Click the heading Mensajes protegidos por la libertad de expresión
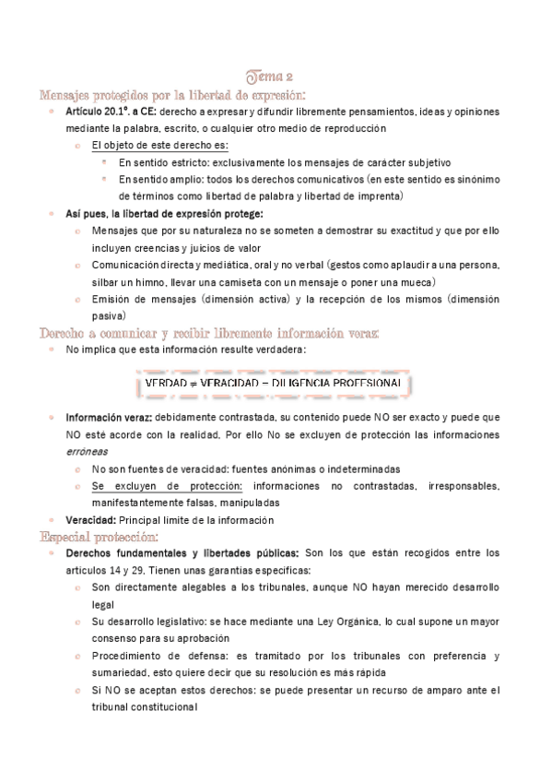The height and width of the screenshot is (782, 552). pos(172,94)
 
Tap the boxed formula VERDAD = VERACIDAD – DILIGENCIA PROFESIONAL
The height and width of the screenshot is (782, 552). pos(273,382)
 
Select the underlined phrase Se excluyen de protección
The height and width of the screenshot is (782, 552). pos(167,485)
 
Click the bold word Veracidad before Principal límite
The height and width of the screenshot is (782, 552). pos(89,520)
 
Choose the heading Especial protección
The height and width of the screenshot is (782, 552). pos(100,536)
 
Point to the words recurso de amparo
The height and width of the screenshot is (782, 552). pos(392,689)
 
